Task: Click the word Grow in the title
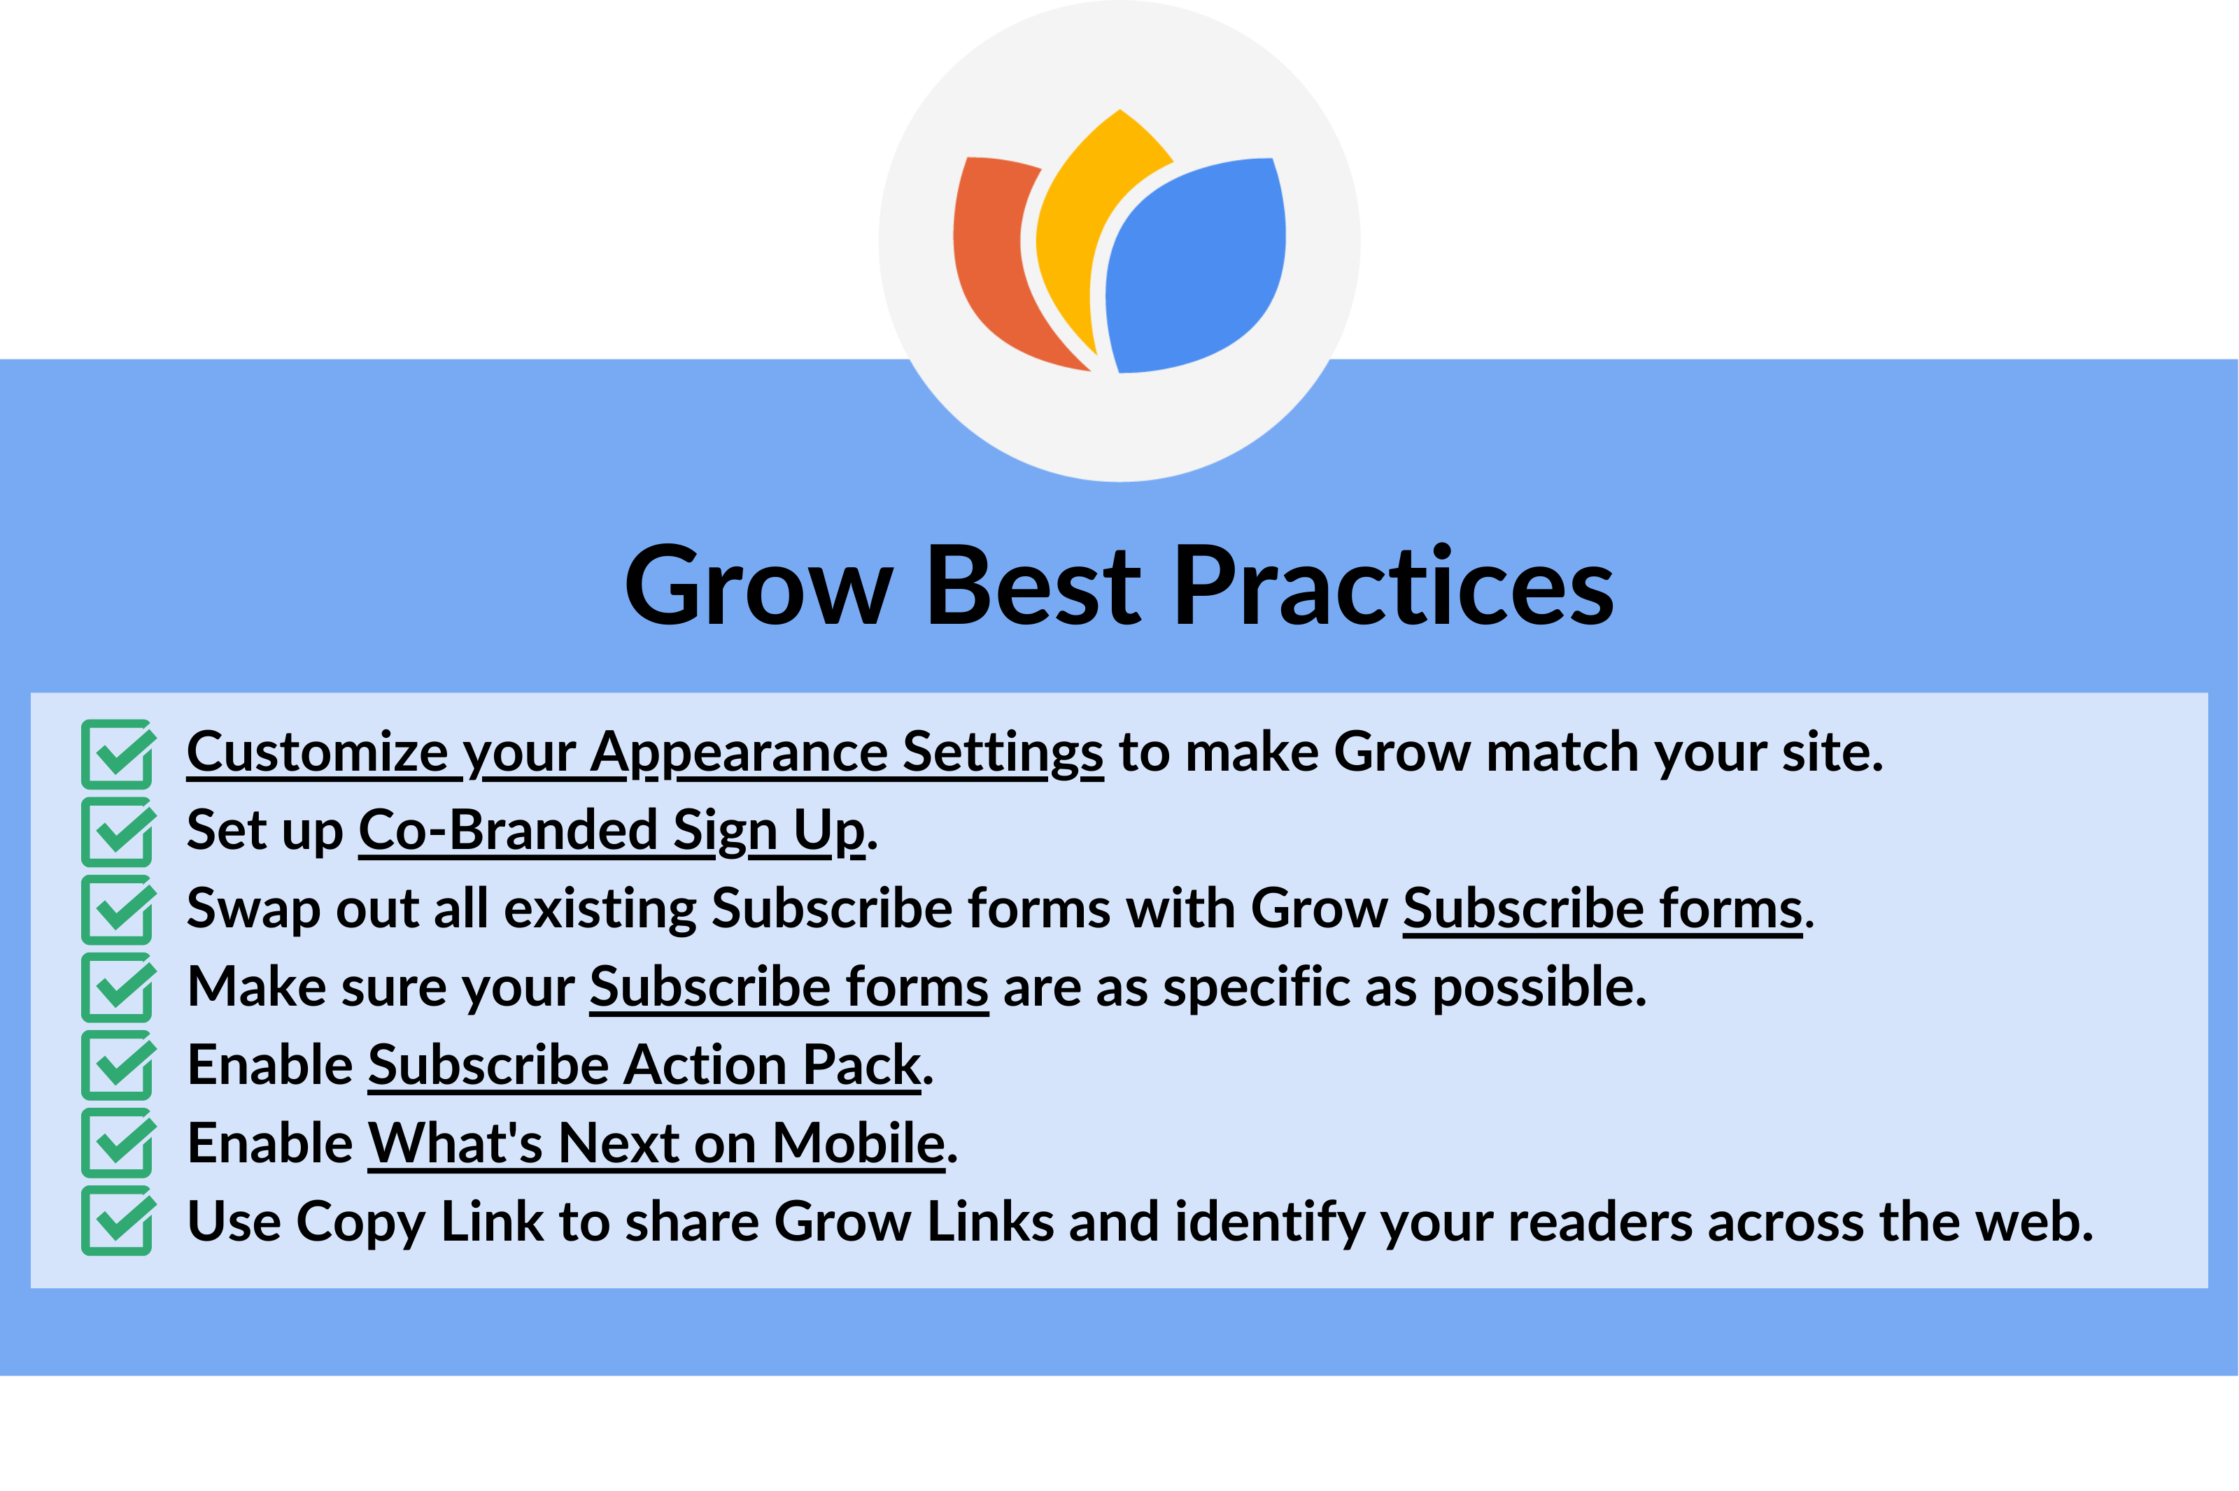click(758, 587)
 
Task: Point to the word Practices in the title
click(1394, 587)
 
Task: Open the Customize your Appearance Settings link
click(645, 753)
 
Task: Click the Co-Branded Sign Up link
click(612, 831)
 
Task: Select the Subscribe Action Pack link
click(644, 1065)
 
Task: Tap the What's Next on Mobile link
click(656, 1143)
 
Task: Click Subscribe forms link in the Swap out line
click(1602, 909)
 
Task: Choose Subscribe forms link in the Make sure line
click(789, 987)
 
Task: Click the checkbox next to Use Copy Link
click(117, 1222)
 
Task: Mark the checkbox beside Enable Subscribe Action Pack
click(117, 1066)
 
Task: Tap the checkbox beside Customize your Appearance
click(117, 754)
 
